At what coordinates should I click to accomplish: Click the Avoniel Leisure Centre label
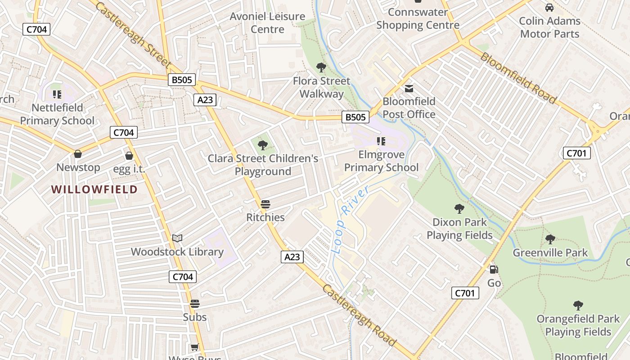(x=267, y=23)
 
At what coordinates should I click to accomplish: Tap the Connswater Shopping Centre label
(x=418, y=18)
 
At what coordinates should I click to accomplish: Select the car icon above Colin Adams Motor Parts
(x=549, y=8)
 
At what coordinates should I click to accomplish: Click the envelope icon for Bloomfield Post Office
(x=409, y=88)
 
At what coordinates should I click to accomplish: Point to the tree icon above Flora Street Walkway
(x=321, y=68)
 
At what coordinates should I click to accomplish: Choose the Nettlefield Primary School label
(x=57, y=114)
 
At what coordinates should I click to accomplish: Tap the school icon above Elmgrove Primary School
(x=381, y=141)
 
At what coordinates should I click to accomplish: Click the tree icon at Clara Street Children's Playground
(x=263, y=145)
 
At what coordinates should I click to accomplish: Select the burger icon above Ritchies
(x=265, y=204)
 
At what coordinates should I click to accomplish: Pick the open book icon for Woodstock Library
(x=177, y=238)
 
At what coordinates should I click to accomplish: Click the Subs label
(x=195, y=317)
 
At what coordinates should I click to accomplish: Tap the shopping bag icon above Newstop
(x=78, y=154)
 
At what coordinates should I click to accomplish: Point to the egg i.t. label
(x=129, y=169)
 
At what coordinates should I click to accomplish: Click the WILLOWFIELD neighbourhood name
(x=94, y=189)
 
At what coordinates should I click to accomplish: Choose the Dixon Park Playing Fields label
(x=459, y=229)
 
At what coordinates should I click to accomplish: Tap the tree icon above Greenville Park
(x=550, y=239)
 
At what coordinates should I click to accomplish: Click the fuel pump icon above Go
(x=494, y=270)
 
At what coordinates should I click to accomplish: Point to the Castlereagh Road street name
(x=359, y=315)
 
